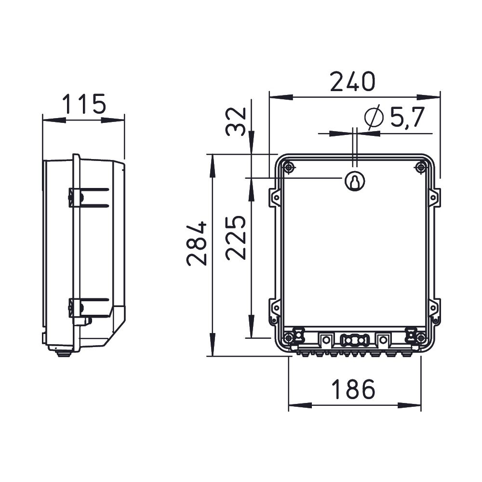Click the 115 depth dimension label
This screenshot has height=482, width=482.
tap(84, 104)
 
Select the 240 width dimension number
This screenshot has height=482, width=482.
tap(353, 81)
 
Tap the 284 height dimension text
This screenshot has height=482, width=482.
tap(196, 243)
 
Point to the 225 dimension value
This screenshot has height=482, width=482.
tap(236, 238)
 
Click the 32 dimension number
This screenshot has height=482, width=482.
tap(236, 121)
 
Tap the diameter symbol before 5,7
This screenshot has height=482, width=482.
tap(374, 117)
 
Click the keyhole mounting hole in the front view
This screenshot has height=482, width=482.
tap(355, 181)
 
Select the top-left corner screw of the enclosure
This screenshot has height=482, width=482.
tap(288, 168)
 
